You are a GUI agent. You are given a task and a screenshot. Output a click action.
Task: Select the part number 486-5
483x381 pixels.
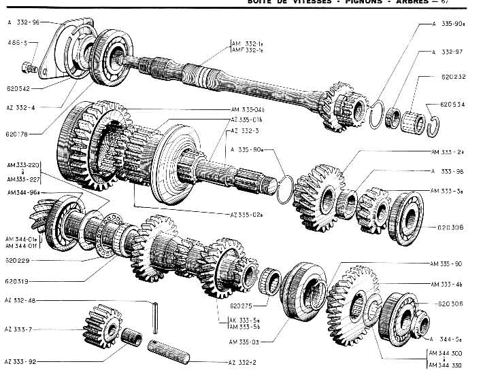(x=17, y=43)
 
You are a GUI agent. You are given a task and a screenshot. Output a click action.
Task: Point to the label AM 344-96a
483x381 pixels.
(x=21, y=193)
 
